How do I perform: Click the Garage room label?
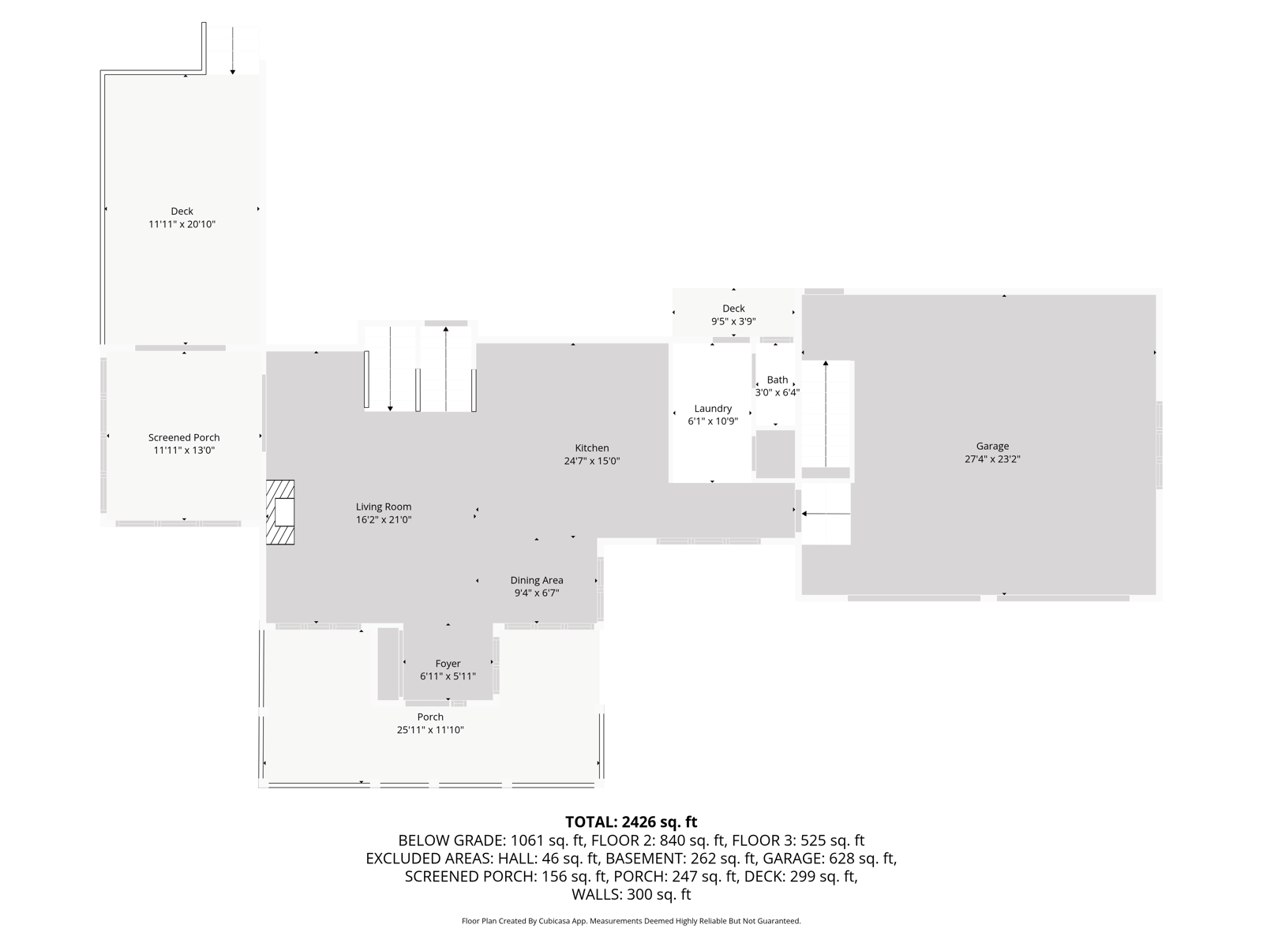[x=992, y=446]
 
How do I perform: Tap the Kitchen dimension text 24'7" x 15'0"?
[x=592, y=461]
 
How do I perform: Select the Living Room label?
[x=384, y=507]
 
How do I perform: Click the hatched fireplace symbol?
[x=280, y=512]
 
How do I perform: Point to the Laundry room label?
[x=713, y=408]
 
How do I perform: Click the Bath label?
[x=778, y=380]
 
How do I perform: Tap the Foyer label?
[x=448, y=664]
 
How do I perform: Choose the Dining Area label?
[x=537, y=580]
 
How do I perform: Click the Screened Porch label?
[x=184, y=437]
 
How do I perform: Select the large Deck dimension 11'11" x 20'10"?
[x=182, y=224]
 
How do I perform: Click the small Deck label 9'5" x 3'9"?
[x=733, y=315]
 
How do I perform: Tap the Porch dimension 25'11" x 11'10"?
[x=430, y=730]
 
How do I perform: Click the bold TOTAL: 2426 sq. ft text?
[x=631, y=822]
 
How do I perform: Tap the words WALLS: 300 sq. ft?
[x=631, y=894]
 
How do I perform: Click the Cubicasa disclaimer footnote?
[x=631, y=921]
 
